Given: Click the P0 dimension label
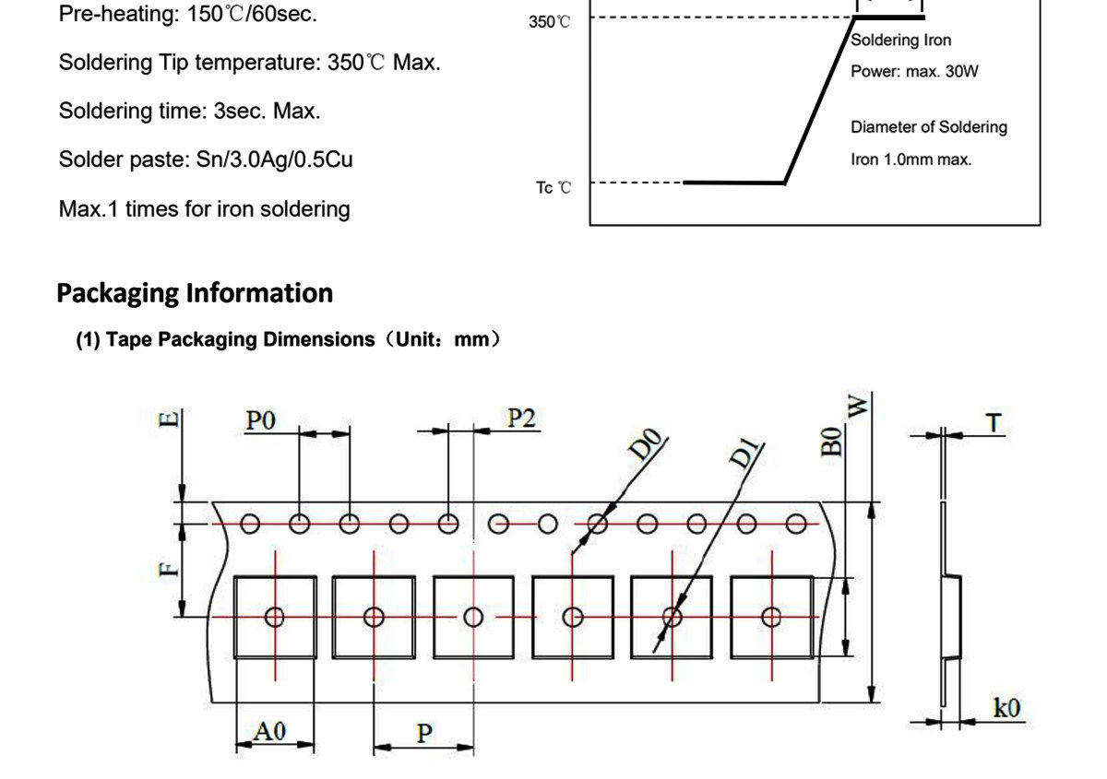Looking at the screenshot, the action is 260,420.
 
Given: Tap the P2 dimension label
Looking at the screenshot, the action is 521,418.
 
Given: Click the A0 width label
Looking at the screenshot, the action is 269,731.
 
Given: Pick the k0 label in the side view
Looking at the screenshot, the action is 1006,708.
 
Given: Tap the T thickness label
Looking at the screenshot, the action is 994,423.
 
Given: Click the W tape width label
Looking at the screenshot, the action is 857,406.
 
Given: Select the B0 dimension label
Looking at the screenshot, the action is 831,442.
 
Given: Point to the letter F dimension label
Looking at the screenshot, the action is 168,570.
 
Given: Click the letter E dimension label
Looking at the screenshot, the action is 168,419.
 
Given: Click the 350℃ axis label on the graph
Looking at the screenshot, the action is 549,22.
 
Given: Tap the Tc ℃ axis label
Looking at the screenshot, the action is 553,188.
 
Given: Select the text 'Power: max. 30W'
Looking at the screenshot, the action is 914,72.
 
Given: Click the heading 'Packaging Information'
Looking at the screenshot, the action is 195,293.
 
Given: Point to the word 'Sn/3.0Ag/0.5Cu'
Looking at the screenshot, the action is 274,159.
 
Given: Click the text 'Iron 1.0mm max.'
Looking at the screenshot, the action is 911,159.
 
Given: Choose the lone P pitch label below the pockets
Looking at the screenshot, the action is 424,734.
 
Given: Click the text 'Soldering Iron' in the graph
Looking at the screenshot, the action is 901,40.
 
